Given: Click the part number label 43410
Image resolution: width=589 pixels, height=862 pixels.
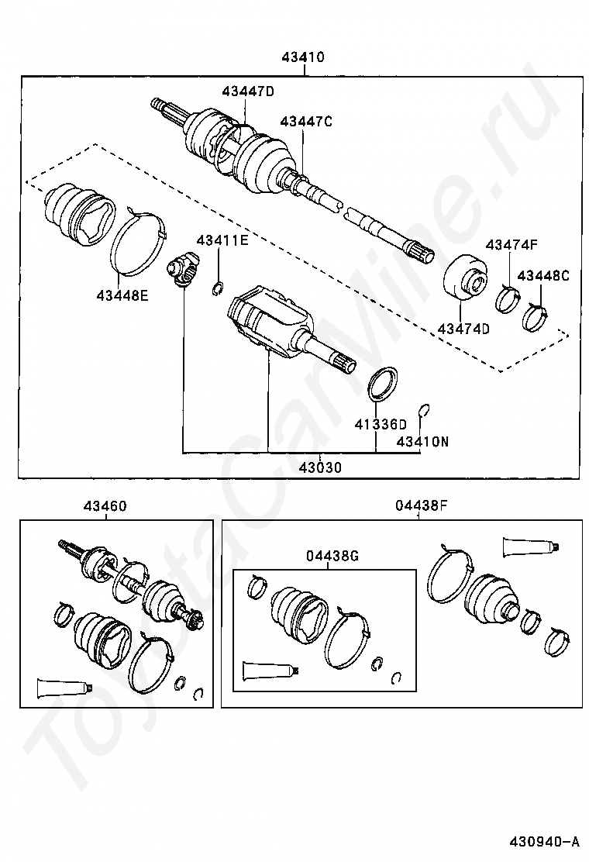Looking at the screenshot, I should pos(303,57).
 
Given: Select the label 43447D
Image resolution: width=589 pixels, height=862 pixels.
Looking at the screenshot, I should pos(248,91).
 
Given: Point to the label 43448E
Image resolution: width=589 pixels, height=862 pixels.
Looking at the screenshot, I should pos(122,294).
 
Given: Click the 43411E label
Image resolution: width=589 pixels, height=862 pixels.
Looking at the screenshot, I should pos(222,240).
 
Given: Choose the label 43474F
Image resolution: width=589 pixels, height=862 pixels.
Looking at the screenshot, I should pos(511,246).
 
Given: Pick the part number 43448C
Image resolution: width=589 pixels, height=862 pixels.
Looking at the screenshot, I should pos(543,275).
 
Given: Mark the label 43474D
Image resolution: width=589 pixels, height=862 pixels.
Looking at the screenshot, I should pos(463,329).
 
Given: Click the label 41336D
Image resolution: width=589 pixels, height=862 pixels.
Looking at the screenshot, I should pos(381,424).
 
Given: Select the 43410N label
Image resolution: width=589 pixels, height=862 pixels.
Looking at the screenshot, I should pos(422,442).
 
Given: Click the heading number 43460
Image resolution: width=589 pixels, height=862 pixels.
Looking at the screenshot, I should pos(105,506).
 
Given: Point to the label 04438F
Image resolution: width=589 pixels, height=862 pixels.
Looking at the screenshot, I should pos(421,506).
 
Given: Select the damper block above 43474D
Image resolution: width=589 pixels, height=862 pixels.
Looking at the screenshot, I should pos(467,278).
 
